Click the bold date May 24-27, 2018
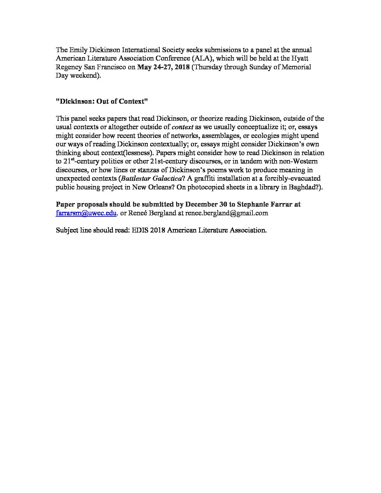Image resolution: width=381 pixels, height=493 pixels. (x=164, y=67)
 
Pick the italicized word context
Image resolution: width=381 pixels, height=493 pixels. (x=182, y=127)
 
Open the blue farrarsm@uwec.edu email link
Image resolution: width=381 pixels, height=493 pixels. (x=86, y=213)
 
